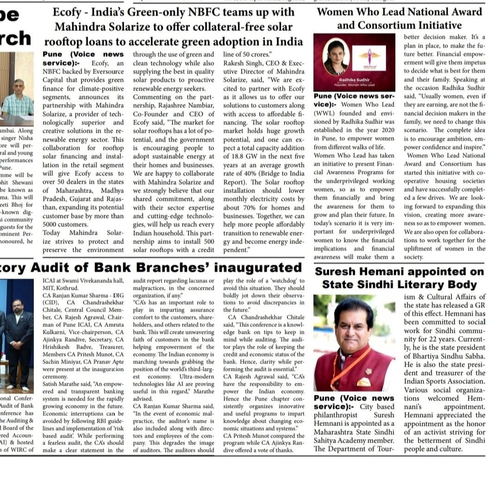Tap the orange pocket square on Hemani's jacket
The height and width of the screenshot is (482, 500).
(x=364, y=382)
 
